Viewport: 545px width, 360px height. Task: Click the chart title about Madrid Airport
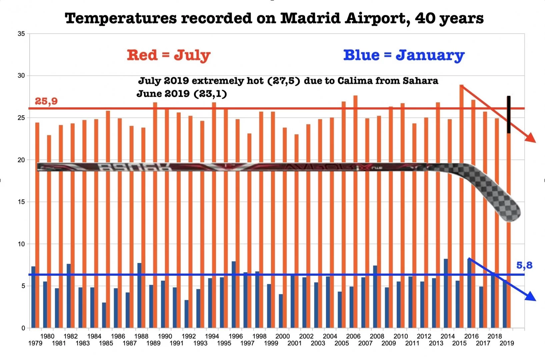coord(274,18)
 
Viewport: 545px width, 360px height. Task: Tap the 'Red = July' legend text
coord(168,55)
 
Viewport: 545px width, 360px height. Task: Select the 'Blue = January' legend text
coord(404,55)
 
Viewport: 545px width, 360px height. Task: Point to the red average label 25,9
coord(46,101)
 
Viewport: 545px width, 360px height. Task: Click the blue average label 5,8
coord(524,265)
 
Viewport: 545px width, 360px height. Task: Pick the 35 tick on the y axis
coord(21,34)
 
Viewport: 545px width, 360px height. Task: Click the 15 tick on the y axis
coord(21,202)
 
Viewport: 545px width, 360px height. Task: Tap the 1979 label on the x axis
coord(35,343)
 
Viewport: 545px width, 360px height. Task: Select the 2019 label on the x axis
coord(507,343)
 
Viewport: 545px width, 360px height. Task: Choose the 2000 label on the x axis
coord(283,336)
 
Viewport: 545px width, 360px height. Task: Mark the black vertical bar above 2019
coord(509,114)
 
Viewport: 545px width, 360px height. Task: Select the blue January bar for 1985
coord(104,315)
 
